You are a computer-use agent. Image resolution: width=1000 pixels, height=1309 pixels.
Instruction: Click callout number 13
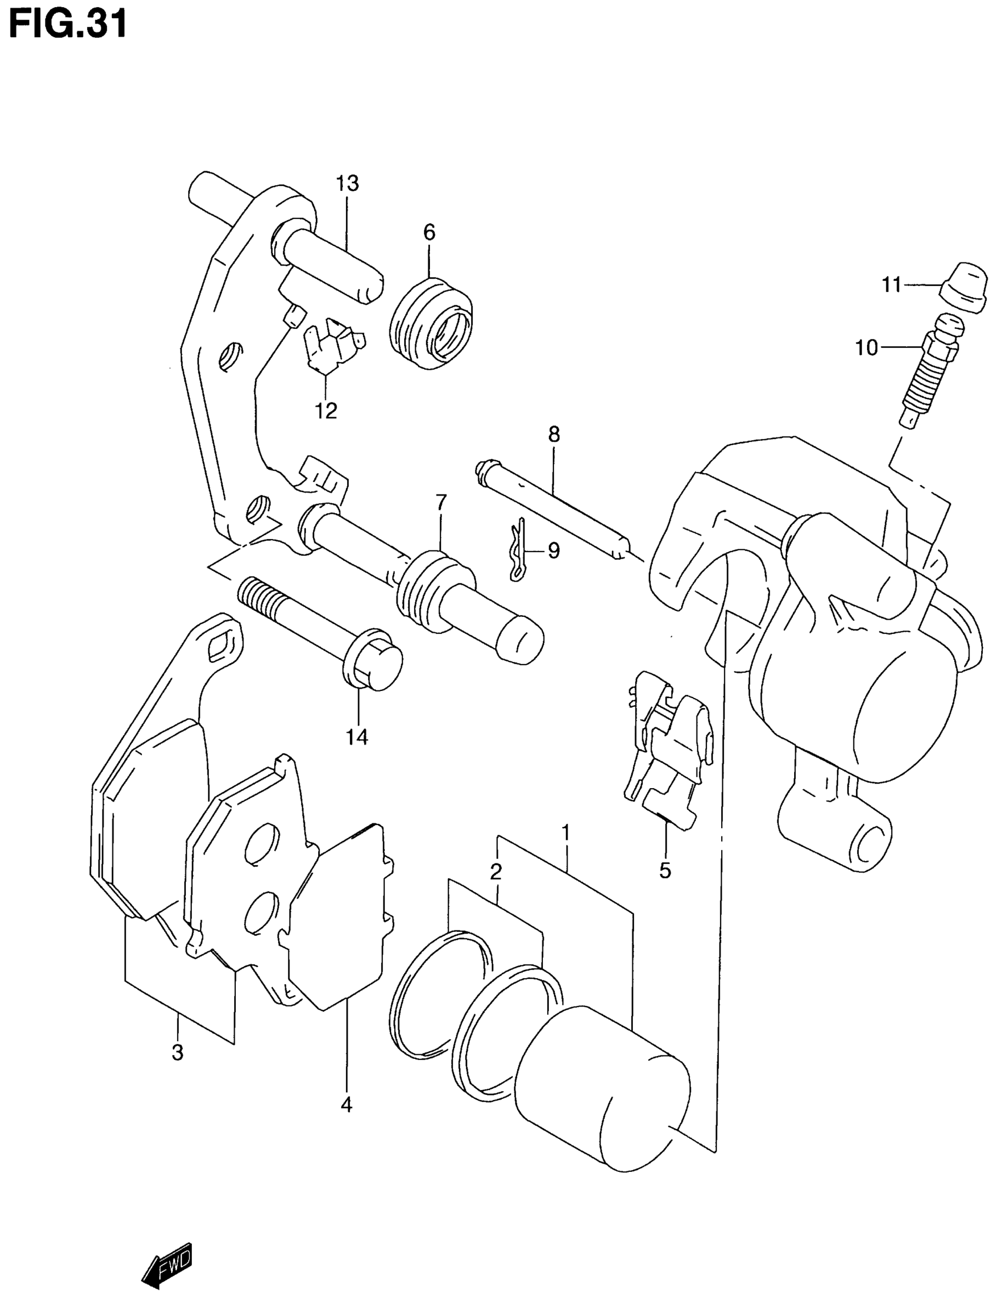(x=347, y=184)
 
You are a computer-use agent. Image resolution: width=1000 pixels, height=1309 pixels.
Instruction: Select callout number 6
(x=429, y=233)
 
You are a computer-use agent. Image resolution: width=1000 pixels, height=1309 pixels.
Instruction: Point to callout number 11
(x=891, y=285)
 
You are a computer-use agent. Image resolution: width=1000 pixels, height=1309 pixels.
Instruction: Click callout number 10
(x=866, y=347)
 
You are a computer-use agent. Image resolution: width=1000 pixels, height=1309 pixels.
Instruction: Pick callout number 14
(x=357, y=737)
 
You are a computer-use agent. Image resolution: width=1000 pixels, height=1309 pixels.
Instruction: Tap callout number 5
(x=665, y=871)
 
